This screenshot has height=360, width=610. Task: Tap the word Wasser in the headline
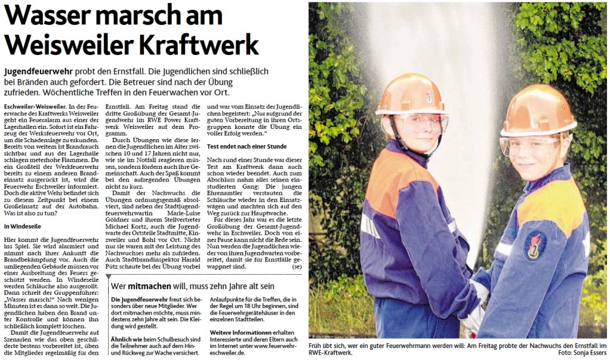[x=48, y=15]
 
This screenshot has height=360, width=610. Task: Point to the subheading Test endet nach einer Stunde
[x=248, y=146]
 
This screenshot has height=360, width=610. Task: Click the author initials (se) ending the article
[x=296, y=266]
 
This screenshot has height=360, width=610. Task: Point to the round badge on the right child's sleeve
[x=534, y=245]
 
